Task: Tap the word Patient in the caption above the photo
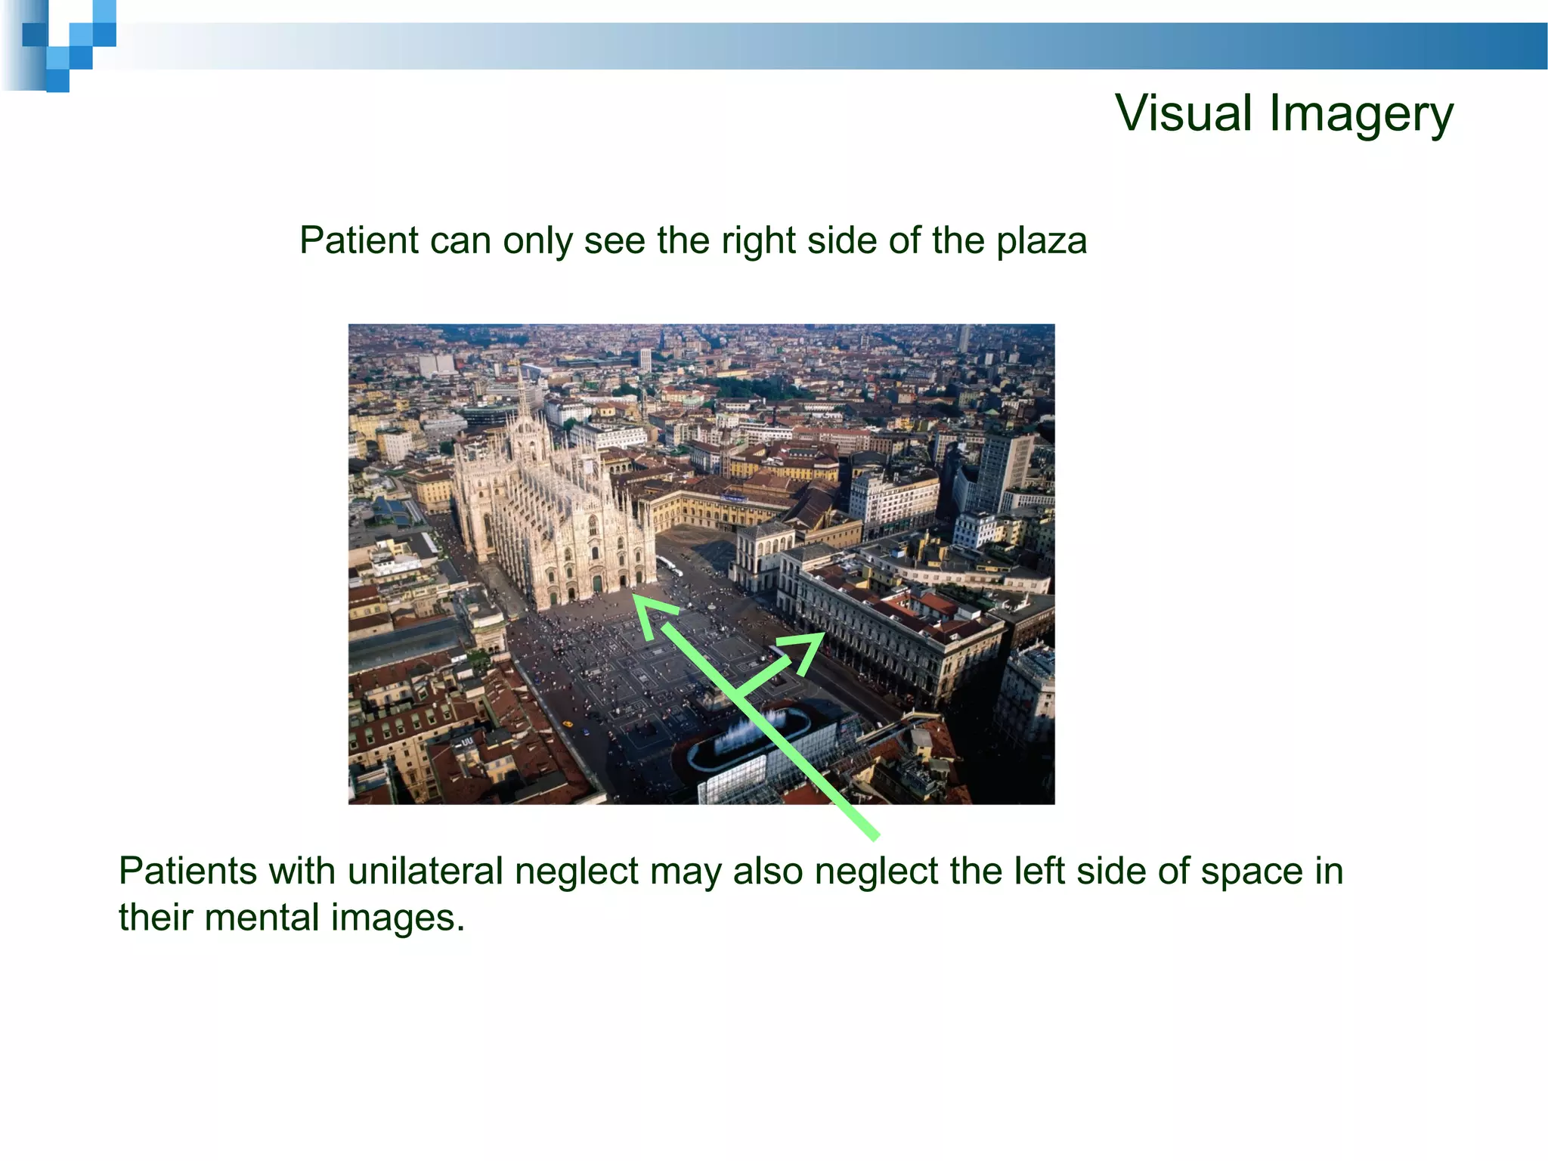pos(358,240)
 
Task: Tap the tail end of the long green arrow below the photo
pos(875,835)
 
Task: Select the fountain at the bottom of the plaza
pos(748,730)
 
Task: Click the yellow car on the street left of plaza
pos(587,731)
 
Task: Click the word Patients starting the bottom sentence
pos(188,871)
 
